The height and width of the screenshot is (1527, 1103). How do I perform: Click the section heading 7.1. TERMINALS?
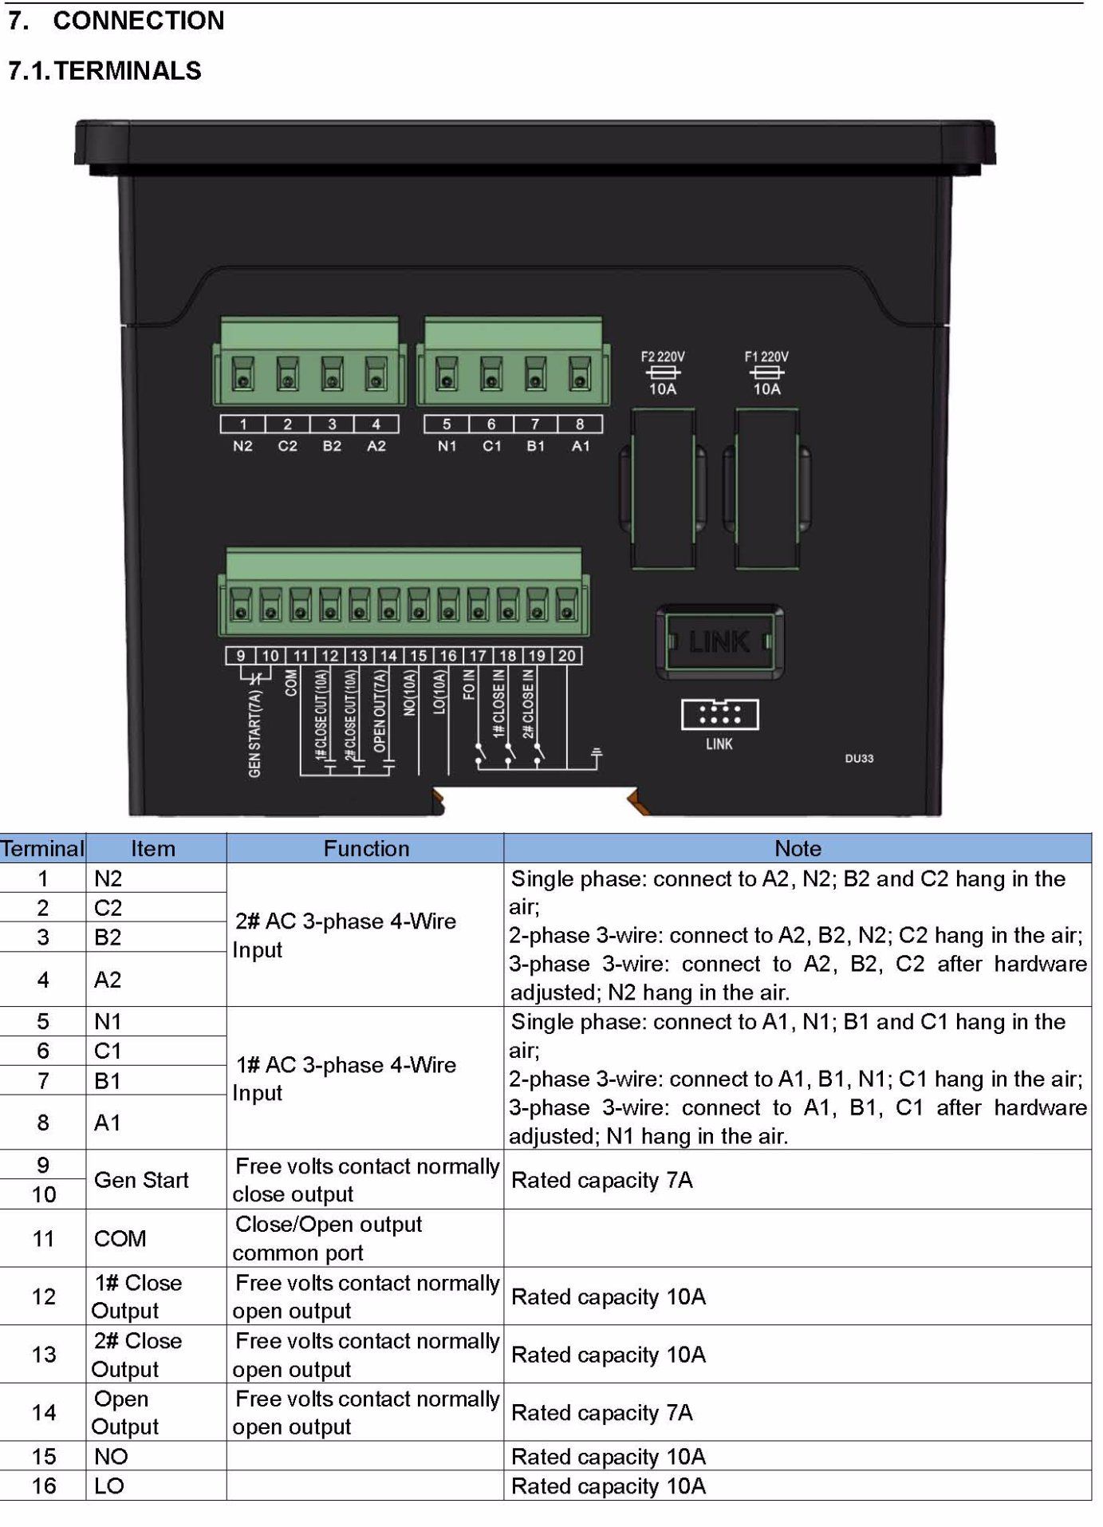pos(104,71)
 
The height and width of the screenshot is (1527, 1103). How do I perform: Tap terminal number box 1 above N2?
pos(243,424)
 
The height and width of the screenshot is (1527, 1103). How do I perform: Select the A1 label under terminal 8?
pos(581,446)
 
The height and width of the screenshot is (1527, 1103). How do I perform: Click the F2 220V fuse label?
pos(663,357)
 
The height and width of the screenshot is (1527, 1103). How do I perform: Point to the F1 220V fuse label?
pos(766,357)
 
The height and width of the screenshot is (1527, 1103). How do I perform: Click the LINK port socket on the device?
pos(719,641)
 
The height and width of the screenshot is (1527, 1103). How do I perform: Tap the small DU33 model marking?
pos(859,758)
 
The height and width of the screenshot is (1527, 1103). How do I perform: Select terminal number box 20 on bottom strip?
pos(567,656)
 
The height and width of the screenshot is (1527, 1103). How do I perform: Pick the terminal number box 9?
pos(241,656)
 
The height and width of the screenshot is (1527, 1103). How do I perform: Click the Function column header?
pos(366,848)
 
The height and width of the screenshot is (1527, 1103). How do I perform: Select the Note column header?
pos(798,848)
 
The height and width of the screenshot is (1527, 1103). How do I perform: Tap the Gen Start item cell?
pos(141,1180)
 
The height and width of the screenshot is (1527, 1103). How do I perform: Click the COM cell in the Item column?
pos(120,1239)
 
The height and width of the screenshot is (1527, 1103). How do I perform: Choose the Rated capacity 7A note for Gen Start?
pos(602,1180)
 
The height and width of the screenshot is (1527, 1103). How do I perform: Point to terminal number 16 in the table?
pos(44,1486)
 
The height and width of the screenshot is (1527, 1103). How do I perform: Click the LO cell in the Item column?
pos(109,1486)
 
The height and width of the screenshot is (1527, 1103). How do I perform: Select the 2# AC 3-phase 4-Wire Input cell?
pos(345,935)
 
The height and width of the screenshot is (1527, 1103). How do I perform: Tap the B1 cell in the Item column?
pos(108,1081)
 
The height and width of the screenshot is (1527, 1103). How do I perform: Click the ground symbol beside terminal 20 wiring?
pos(596,753)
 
